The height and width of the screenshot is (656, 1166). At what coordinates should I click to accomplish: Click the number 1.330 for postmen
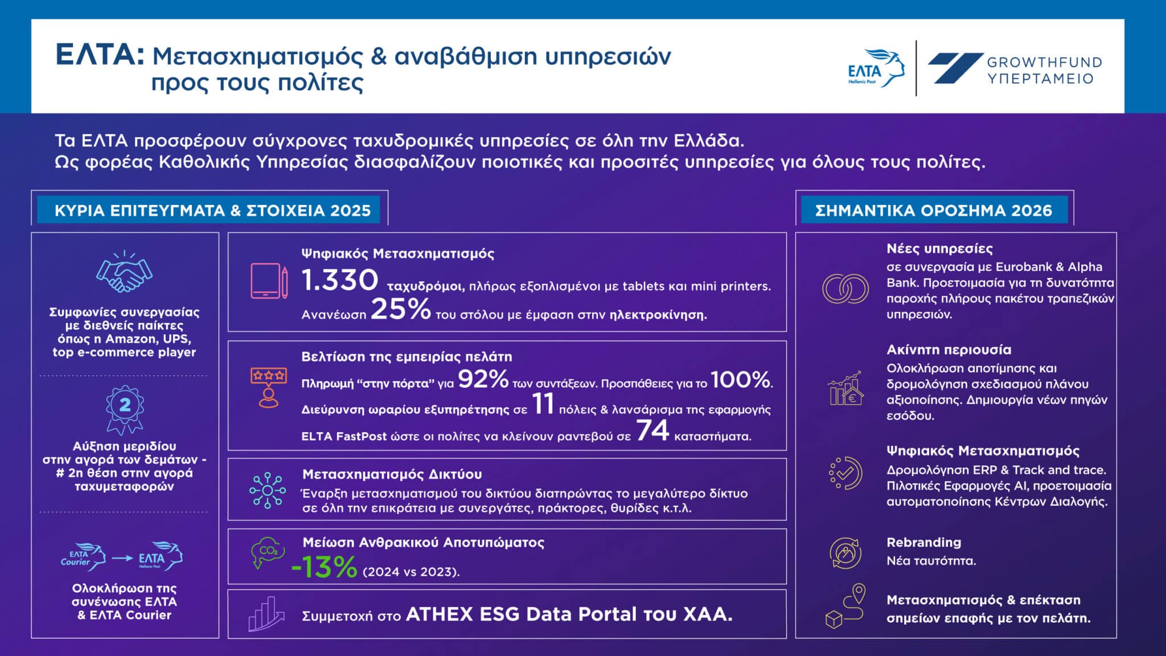pos(339,280)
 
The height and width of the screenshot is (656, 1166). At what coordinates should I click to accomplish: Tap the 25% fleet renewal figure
pos(401,309)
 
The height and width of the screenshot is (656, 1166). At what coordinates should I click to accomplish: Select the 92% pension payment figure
pos(483,379)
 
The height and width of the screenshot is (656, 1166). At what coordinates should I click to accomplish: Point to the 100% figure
pos(740,379)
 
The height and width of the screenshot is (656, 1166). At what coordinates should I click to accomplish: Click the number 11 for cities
pos(543,404)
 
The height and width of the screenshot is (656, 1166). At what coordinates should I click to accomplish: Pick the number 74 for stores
pos(652,430)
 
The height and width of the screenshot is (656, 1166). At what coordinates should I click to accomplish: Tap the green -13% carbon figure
pos(324,567)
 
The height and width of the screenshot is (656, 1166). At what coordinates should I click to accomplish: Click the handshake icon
pos(124,274)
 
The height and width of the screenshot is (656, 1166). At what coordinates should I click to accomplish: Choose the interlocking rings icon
pos(845,288)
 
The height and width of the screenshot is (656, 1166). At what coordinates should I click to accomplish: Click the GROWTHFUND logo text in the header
pos(1044,70)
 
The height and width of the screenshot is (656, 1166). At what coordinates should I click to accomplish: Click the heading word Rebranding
pos(923,542)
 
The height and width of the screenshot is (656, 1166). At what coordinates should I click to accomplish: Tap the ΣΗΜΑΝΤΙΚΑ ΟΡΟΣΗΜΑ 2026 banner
pos(934,211)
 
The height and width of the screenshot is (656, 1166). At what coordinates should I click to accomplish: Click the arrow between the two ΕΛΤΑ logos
pos(122,558)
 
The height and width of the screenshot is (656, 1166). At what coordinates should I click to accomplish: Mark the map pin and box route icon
pos(845,607)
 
